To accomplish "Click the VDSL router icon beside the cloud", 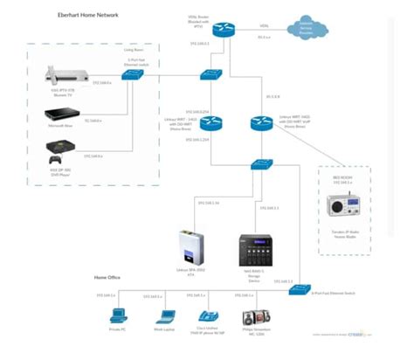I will click(223, 28).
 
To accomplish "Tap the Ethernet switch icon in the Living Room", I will click(133, 75).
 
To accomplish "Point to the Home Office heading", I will click(107, 277).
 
